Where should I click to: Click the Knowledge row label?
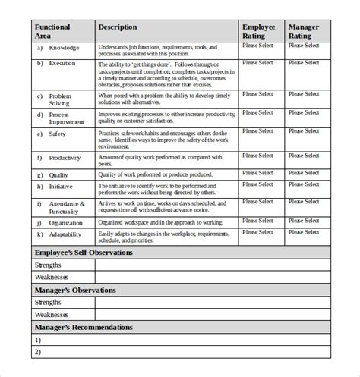point(64,47)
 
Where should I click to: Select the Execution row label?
point(62,64)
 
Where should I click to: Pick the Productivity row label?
point(65,159)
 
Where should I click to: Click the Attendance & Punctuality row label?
point(67,208)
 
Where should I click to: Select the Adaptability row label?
point(65,236)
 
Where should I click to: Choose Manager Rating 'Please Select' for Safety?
point(304,131)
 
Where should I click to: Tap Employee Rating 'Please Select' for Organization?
point(257,221)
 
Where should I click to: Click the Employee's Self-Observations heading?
point(84,253)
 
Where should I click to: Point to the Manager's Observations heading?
point(75,290)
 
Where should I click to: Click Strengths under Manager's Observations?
point(49,302)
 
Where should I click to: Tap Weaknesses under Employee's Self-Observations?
point(52,277)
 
